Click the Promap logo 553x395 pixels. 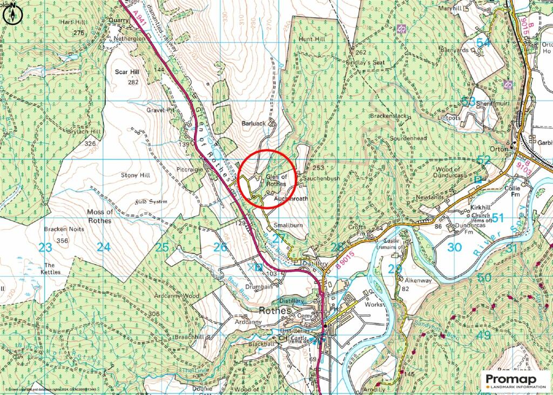(x=515, y=381)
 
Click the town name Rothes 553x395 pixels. (x=275, y=311)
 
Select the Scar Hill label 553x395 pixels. (x=127, y=71)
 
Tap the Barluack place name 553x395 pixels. (x=253, y=123)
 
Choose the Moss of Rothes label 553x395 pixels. (x=100, y=216)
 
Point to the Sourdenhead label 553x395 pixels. (x=408, y=138)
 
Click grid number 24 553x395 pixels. (x=103, y=247)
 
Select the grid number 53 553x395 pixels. (x=468, y=101)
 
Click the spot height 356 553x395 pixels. (x=63, y=240)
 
